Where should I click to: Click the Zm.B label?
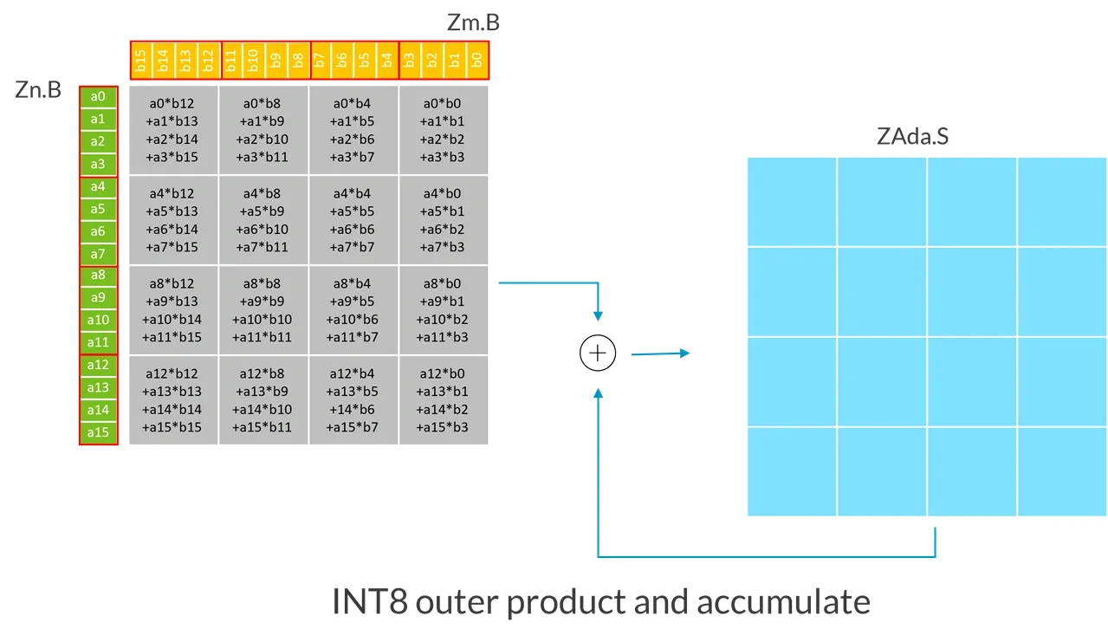click(473, 23)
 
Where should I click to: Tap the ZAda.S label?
click(912, 137)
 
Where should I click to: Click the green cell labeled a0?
click(98, 96)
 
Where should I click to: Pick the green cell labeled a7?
click(98, 254)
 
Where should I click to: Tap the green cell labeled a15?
click(98, 432)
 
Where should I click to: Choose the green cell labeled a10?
click(98, 321)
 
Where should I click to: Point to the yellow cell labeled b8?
click(298, 60)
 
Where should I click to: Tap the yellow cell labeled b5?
click(366, 60)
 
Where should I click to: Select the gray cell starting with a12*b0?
click(444, 400)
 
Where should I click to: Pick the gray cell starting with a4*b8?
click(264, 220)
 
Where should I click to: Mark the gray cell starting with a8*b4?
click(353, 309)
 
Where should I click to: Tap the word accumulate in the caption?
click(783, 601)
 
